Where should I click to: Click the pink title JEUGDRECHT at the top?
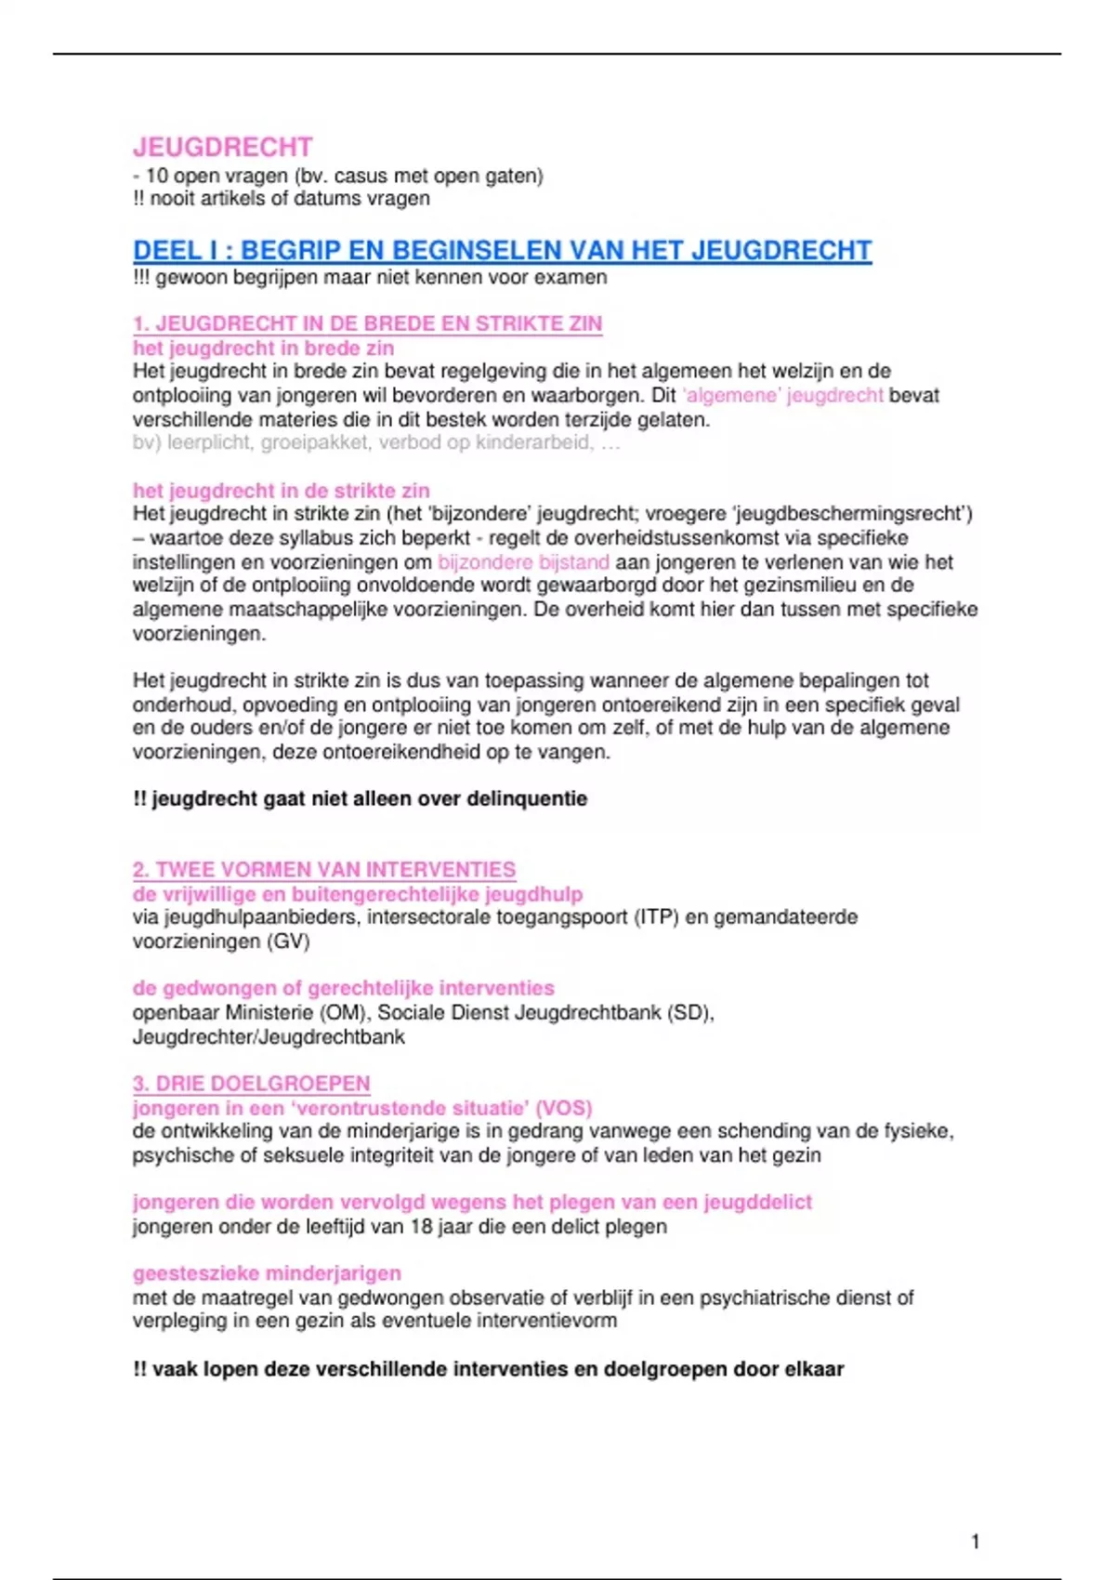(222, 147)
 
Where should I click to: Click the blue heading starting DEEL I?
(502, 250)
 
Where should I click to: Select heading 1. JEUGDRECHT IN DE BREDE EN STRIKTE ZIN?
(367, 323)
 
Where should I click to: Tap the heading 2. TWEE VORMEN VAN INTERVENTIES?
(323, 870)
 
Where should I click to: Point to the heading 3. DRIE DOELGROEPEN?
(251, 1084)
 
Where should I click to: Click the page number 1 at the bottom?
(975, 1541)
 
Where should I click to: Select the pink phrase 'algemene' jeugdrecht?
(782, 395)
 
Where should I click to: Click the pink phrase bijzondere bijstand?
(523, 562)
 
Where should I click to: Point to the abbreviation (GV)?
(288, 941)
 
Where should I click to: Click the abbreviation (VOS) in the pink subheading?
(564, 1108)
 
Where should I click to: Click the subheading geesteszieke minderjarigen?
(267, 1273)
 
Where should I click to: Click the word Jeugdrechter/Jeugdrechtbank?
(269, 1036)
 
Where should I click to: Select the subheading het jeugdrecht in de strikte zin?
(281, 491)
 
